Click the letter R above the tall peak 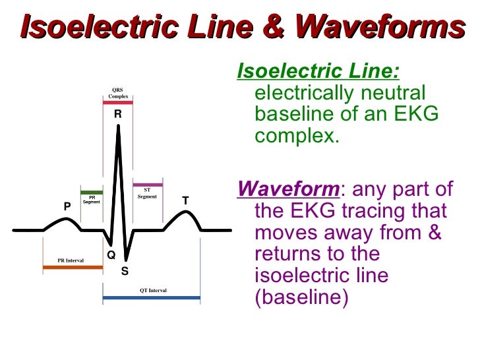(x=117, y=114)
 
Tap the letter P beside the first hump (x=67, y=206)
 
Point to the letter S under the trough (x=125, y=270)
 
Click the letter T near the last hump (x=185, y=200)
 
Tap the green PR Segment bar (x=91, y=193)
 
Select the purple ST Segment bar (x=147, y=185)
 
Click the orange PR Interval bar (x=73, y=268)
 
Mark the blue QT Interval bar (x=152, y=298)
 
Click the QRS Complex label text (x=118, y=94)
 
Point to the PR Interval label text (x=70, y=261)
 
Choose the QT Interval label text (x=153, y=290)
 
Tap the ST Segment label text (x=147, y=193)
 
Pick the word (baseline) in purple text (x=301, y=297)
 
